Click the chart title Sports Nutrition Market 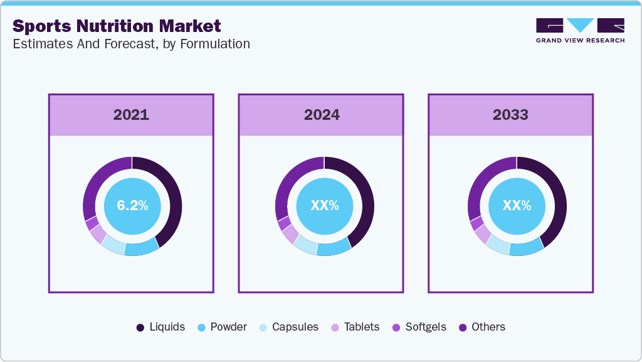(x=117, y=26)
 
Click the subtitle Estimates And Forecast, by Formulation (x=131, y=44)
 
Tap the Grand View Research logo (x=580, y=30)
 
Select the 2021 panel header (x=131, y=115)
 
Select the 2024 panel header (x=321, y=115)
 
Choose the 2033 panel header (x=510, y=115)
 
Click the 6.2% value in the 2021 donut (x=132, y=206)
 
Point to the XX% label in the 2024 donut (x=324, y=206)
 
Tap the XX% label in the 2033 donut (x=517, y=206)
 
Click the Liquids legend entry (x=160, y=327)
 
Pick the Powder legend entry (x=222, y=327)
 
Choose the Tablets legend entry (x=355, y=327)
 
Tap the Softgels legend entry (x=419, y=327)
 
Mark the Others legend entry (x=481, y=327)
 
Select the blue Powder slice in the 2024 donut (x=333, y=248)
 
